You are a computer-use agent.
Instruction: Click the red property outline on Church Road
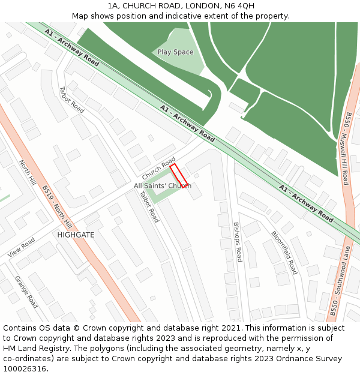coord(179,175)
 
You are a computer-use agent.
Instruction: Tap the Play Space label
coord(175,52)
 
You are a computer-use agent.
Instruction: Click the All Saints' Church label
coord(163,186)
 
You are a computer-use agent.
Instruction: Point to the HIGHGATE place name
coord(76,235)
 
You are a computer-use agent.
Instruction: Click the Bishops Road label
coord(237,242)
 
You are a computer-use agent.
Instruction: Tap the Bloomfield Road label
coord(284,253)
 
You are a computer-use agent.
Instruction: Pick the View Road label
coord(22,247)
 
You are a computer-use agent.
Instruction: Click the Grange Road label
coord(26,292)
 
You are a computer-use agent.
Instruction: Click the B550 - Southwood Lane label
coord(339,281)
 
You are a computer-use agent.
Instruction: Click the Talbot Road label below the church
coord(149,206)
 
